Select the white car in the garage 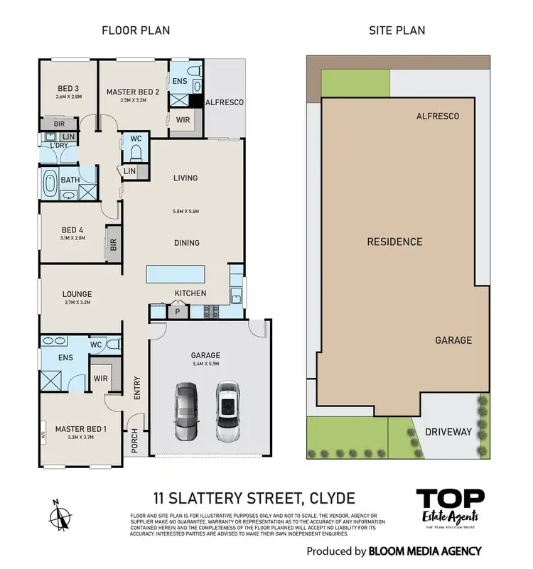pos(228,413)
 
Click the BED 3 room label pos(68,89)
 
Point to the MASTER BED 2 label pos(131,92)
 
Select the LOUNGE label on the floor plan pos(77,294)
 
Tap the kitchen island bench pos(176,274)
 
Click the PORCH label pos(134,443)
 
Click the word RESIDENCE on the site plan pos(394,242)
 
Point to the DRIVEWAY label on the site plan pos(448,431)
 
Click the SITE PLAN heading pos(397,31)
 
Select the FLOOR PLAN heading pos(136,31)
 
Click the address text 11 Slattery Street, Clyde pos(254,498)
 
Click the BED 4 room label pos(73,229)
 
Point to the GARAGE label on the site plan pos(453,340)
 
